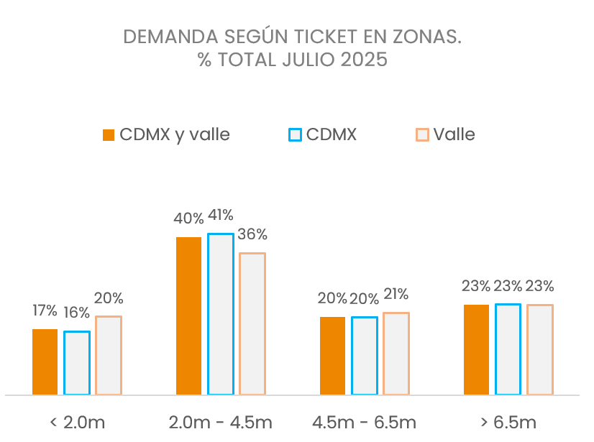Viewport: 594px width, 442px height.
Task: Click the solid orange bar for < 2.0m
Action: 45,362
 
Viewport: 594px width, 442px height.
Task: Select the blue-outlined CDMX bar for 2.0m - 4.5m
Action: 221,314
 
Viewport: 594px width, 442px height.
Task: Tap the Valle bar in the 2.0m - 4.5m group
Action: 252,323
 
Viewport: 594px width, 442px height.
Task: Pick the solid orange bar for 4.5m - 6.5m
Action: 332,355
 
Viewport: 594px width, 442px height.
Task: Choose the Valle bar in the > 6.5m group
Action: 539,349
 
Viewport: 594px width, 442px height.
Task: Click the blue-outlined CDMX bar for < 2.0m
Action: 77,362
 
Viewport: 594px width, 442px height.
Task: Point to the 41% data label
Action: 220,215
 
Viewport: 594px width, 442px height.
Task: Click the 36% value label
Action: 252,234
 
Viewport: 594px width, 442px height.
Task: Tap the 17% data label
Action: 45,310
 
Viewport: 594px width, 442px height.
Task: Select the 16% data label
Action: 76,313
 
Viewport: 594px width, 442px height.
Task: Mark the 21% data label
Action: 396,294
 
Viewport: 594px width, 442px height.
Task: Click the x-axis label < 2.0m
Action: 77,422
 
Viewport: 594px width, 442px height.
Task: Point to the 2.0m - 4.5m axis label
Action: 220,422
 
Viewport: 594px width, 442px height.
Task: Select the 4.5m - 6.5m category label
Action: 364,422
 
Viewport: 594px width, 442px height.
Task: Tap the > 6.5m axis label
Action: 508,422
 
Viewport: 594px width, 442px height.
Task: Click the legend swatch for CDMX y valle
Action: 109,135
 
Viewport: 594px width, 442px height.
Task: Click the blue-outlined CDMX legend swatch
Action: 294,135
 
